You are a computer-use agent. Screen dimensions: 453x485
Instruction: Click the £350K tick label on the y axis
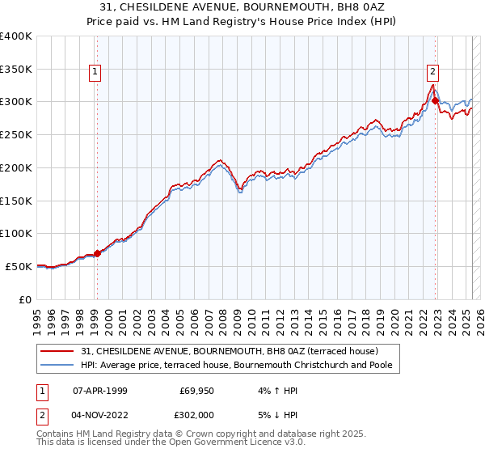pos(16,70)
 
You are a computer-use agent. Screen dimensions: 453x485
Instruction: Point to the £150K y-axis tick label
pos(16,201)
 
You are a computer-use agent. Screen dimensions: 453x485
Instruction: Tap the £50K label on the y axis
pos(19,266)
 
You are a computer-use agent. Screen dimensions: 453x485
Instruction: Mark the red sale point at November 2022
pos(436,101)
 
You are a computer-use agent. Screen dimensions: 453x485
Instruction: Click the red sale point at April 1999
pos(98,253)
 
